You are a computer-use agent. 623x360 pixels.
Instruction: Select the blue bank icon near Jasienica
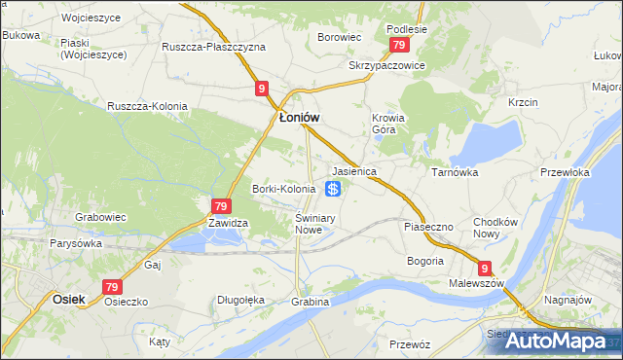coord(333,188)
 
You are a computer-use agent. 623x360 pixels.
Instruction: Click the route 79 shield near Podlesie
coord(397,46)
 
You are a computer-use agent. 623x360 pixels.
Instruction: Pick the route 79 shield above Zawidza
coord(221,205)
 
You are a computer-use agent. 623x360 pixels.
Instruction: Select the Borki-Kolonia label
coord(283,189)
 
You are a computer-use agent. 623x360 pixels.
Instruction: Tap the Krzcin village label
coord(523,102)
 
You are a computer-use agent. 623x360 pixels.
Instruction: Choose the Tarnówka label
coord(454,171)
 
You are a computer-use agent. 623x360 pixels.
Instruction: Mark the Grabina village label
coord(310,302)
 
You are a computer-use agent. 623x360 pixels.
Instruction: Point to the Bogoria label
coord(424,261)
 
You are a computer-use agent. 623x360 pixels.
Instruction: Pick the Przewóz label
coord(409,344)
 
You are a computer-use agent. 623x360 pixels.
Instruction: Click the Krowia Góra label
coord(387,125)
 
